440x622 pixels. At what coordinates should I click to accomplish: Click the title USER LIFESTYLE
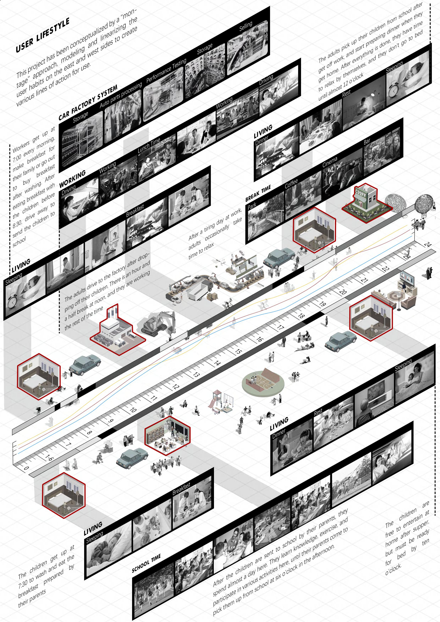coord(43,35)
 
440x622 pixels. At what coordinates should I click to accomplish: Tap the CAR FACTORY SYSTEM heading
coord(88,102)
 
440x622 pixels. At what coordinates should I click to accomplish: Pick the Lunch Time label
coord(149,145)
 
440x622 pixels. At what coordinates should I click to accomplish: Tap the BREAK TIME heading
coord(258,194)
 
